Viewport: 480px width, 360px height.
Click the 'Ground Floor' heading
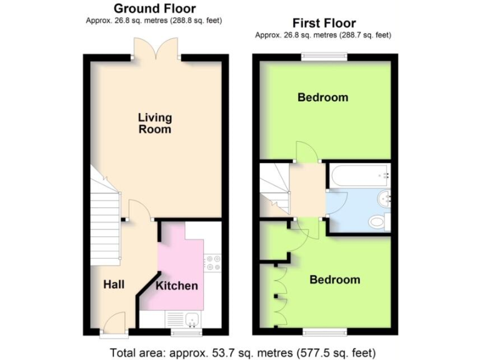[154, 9]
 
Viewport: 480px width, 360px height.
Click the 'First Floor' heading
[324, 24]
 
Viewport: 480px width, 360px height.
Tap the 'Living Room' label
[155, 123]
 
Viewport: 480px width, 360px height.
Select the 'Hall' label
[114, 284]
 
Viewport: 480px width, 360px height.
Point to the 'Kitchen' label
[177, 286]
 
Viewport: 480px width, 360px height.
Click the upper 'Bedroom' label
[322, 97]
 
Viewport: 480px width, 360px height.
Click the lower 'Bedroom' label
[335, 279]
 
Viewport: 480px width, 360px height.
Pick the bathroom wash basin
[386, 199]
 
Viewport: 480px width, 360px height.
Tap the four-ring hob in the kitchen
[212, 262]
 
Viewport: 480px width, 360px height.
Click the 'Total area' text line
[243, 351]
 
